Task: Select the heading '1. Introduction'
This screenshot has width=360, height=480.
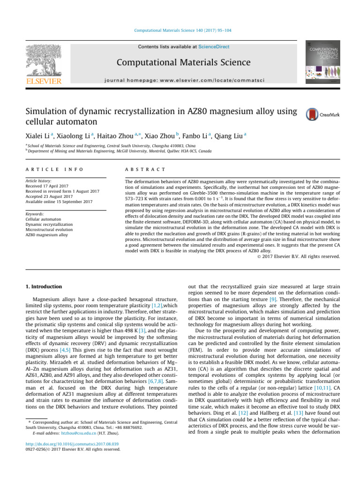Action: (x=43, y=286)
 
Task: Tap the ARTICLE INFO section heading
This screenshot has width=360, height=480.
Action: (x=54, y=169)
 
